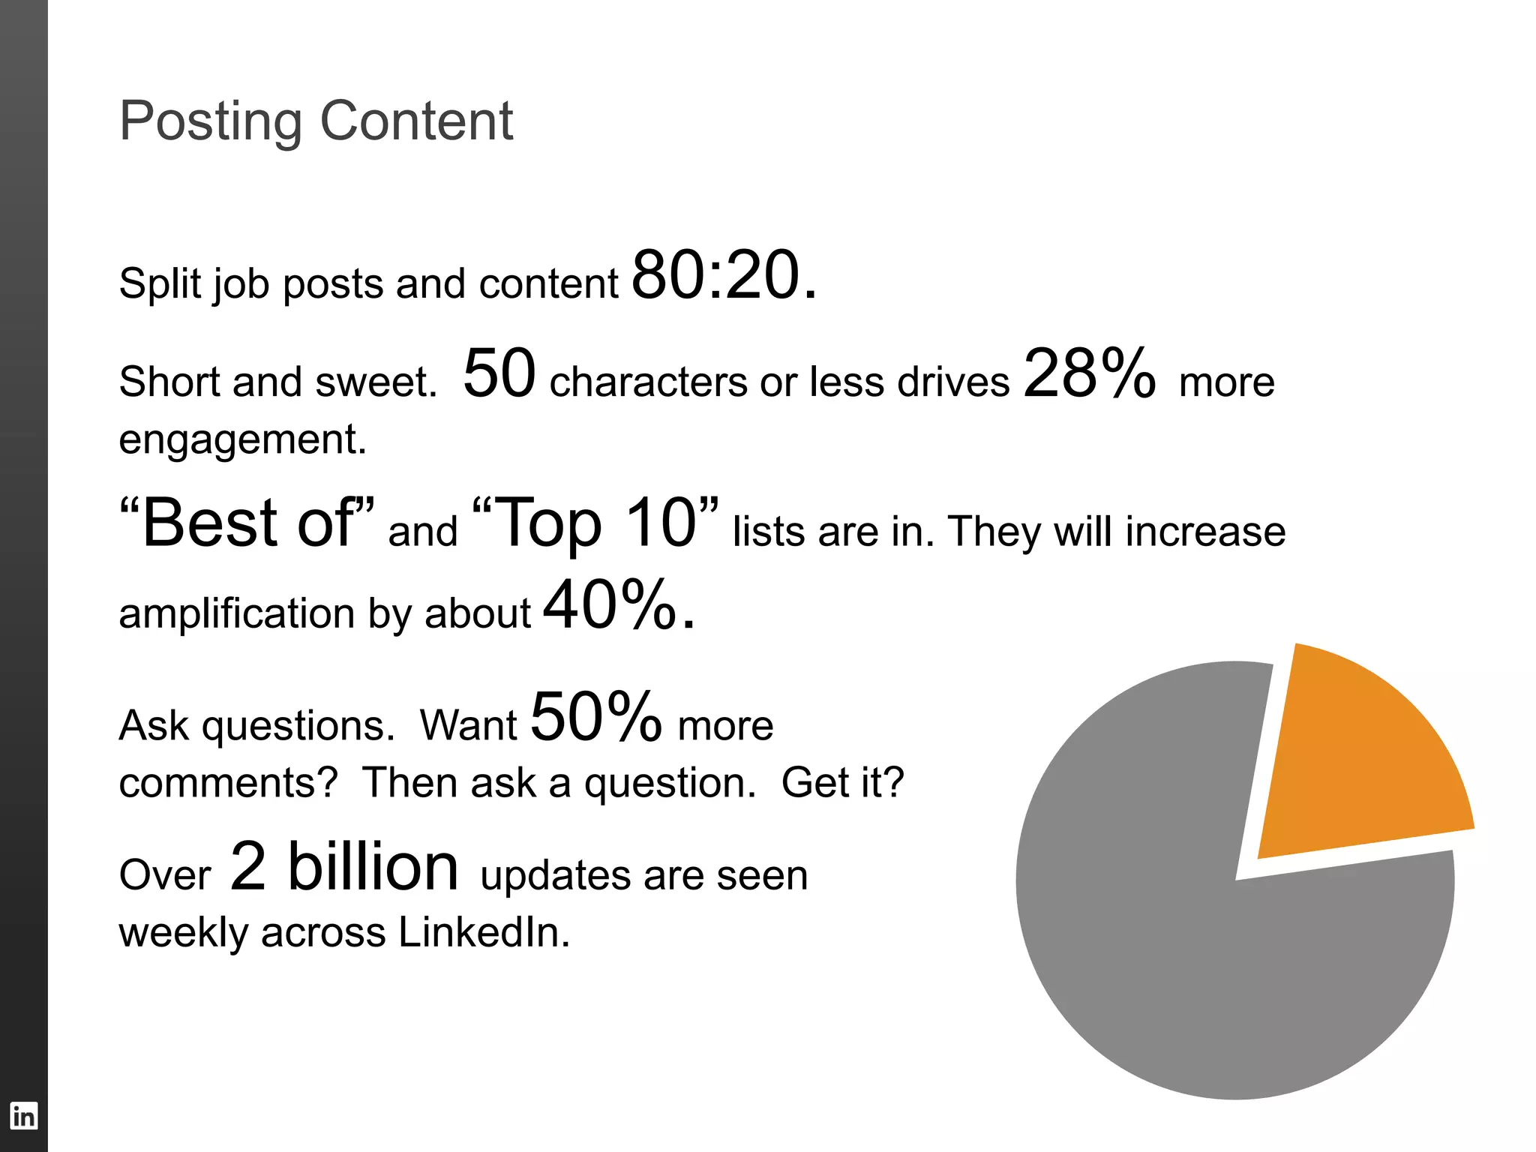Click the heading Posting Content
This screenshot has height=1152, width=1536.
[316, 121]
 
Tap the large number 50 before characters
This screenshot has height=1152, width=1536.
[499, 373]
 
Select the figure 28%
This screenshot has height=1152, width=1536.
[1089, 373]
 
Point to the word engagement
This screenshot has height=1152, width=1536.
[242, 439]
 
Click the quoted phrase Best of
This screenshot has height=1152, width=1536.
[247, 523]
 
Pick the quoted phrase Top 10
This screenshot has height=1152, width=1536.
[596, 523]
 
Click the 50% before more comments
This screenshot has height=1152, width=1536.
[596, 717]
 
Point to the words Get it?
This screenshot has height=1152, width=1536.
[842, 783]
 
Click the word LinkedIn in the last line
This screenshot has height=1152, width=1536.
[484, 933]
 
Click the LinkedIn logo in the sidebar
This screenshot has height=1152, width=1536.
[23, 1115]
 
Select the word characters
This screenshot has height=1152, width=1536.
[649, 382]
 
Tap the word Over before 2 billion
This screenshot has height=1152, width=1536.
[165, 876]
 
